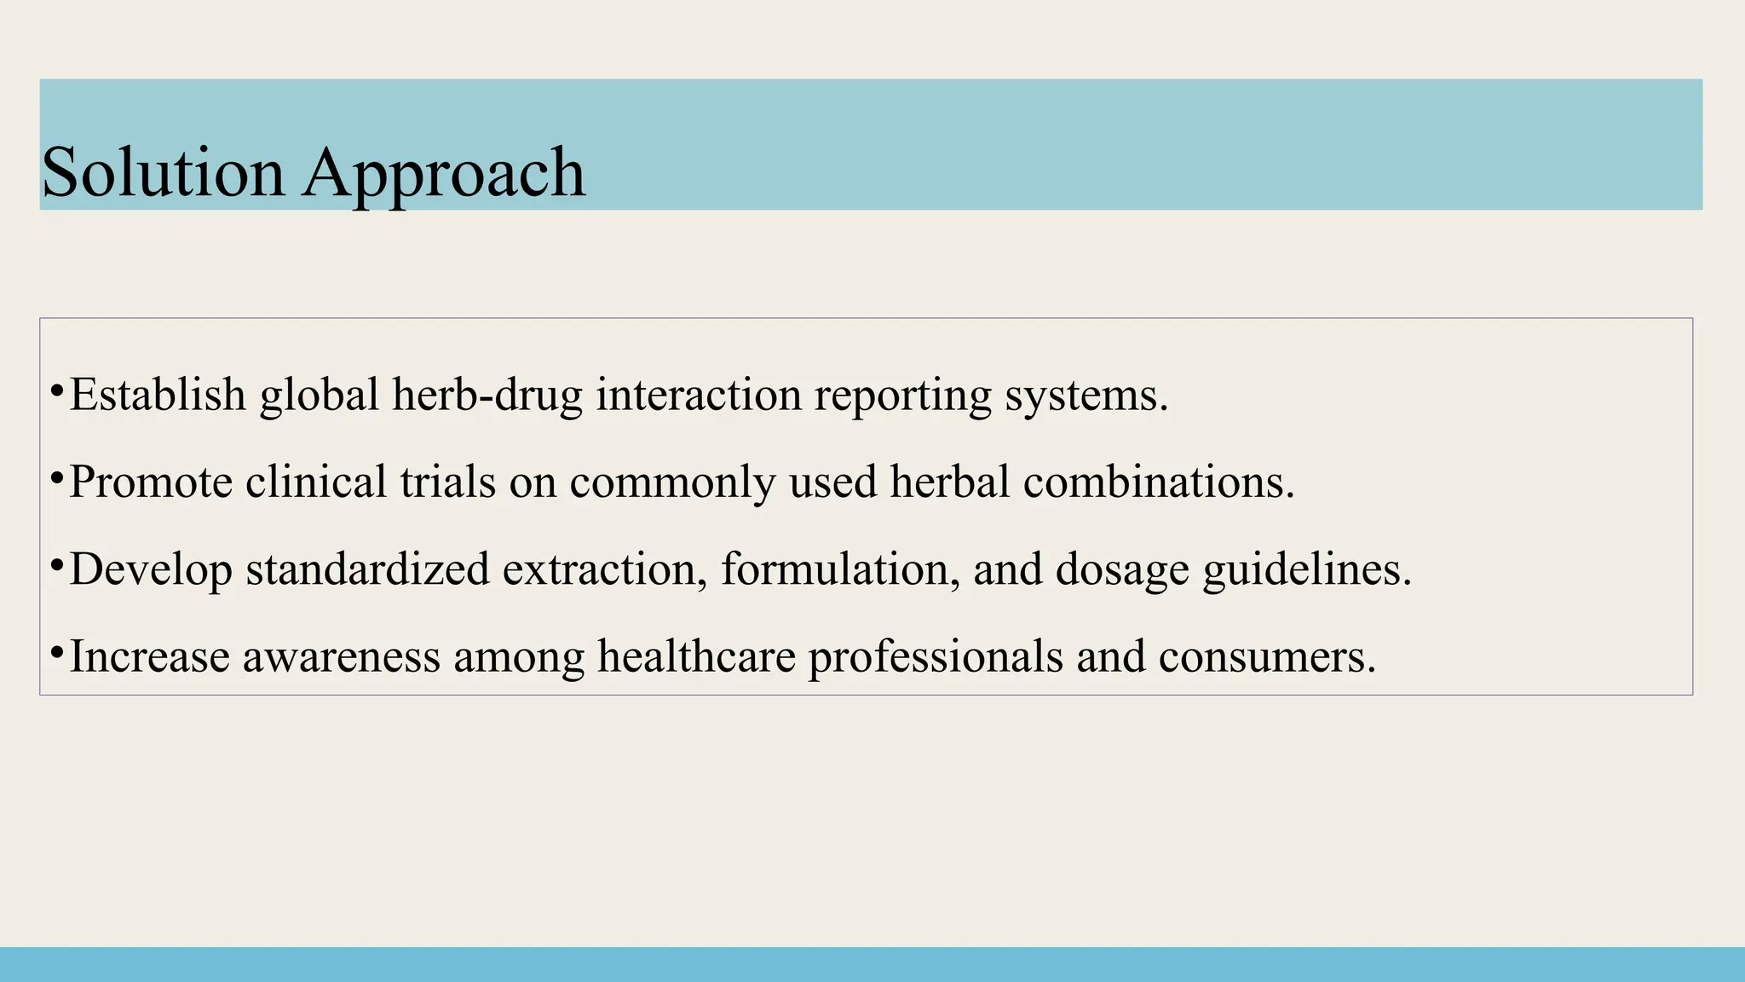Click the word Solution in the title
pyautogui.click(x=163, y=172)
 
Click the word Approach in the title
pyautogui.click(x=443, y=174)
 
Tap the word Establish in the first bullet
pyautogui.click(x=158, y=395)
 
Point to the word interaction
pyautogui.click(x=698, y=395)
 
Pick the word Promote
pyautogui.click(x=151, y=482)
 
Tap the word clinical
pyautogui.click(x=316, y=482)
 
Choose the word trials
pyautogui.click(x=447, y=482)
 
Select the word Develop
pyautogui.click(x=151, y=569)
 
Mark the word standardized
pyautogui.click(x=367, y=569)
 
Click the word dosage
pyautogui.click(x=1121, y=570)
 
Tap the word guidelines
pyautogui.click(x=1307, y=569)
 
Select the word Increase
pyautogui.click(x=149, y=656)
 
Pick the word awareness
pyautogui.click(x=341, y=656)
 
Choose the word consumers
pyautogui.click(x=1267, y=656)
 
